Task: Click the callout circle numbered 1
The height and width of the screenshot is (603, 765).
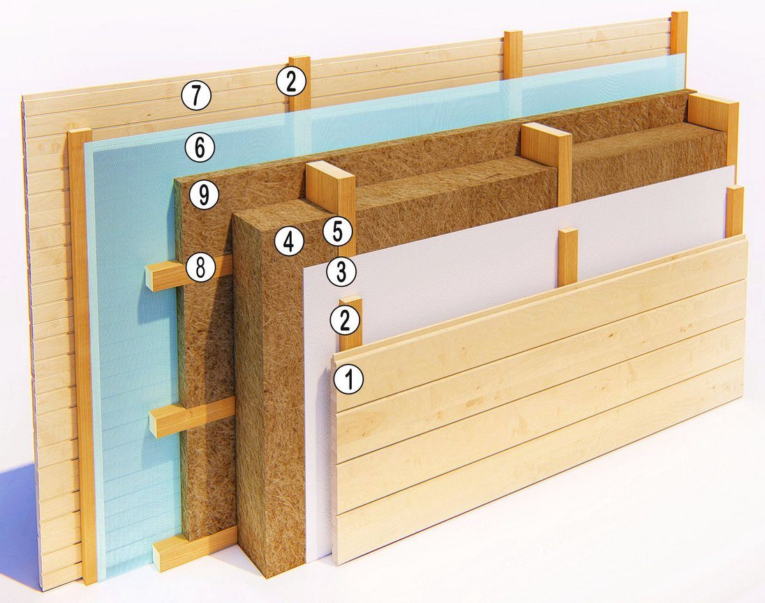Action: pos(348,380)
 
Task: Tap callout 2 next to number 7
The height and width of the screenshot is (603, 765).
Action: pos(291,81)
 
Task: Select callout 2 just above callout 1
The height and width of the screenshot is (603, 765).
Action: pos(345,320)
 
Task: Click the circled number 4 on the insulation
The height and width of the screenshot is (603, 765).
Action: pos(289,241)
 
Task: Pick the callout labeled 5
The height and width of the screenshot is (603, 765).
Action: pos(337,232)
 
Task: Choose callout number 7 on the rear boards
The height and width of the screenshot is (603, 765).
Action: pos(195,95)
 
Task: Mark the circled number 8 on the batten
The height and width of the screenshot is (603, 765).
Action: pos(200,268)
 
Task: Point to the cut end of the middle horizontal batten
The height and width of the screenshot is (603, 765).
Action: pos(157,422)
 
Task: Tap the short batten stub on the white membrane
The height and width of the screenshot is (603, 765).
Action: pos(568,257)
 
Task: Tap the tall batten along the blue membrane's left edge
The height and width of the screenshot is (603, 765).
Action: pos(84,356)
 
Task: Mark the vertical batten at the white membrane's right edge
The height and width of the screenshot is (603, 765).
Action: pos(735,211)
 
